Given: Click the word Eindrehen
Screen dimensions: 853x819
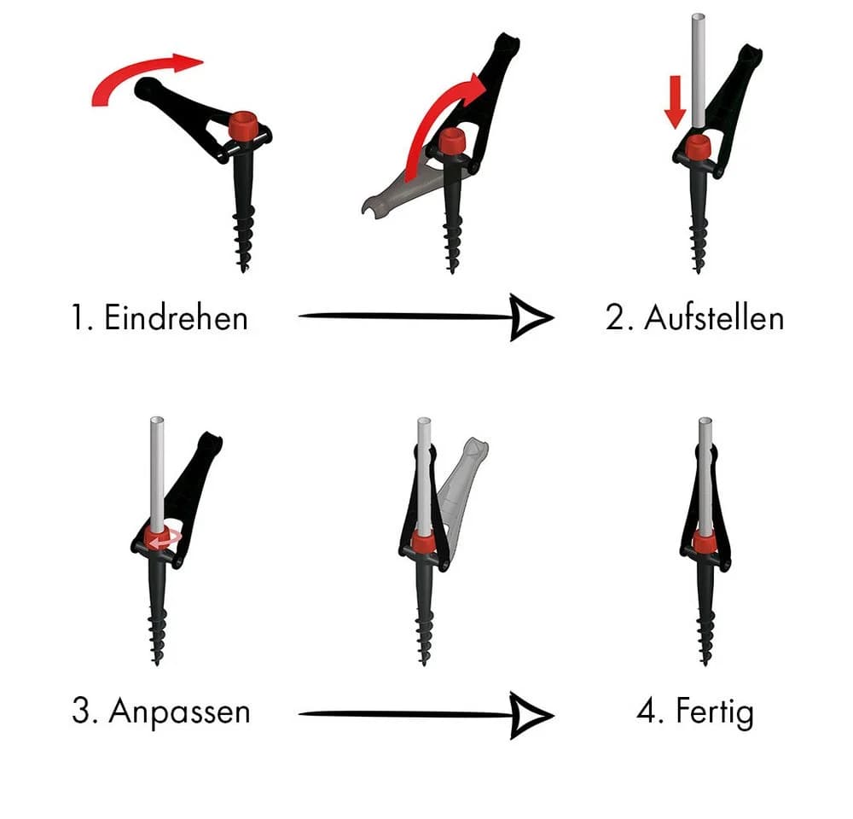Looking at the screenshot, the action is pyautogui.click(x=176, y=317).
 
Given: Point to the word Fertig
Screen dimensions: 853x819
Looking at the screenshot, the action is pyautogui.click(x=715, y=712).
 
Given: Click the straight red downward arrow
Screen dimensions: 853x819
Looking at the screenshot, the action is pyautogui.click(x=675, y=102).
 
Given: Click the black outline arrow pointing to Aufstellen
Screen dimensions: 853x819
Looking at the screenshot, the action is pyautogui.click(x=426, y=317).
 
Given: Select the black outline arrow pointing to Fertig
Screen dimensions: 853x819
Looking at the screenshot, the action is pyautogui.click(x=426, y=715).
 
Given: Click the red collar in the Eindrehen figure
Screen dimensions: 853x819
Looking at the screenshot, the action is pyautogui.click(x=243, y=125).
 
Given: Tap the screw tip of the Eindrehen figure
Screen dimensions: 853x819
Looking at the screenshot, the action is pyautogui.click(x=243, y=268).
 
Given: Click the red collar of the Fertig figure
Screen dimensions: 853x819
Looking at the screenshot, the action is pyautogui.click(x=705, y=540).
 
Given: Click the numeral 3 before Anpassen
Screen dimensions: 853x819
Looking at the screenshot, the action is pyautogui.click(x=80, y=710).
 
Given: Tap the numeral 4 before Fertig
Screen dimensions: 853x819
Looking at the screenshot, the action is pyautogui.click(x=646, y=711).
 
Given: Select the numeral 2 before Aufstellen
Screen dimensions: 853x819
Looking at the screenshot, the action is pyautogui.click(x=615, y=317).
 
